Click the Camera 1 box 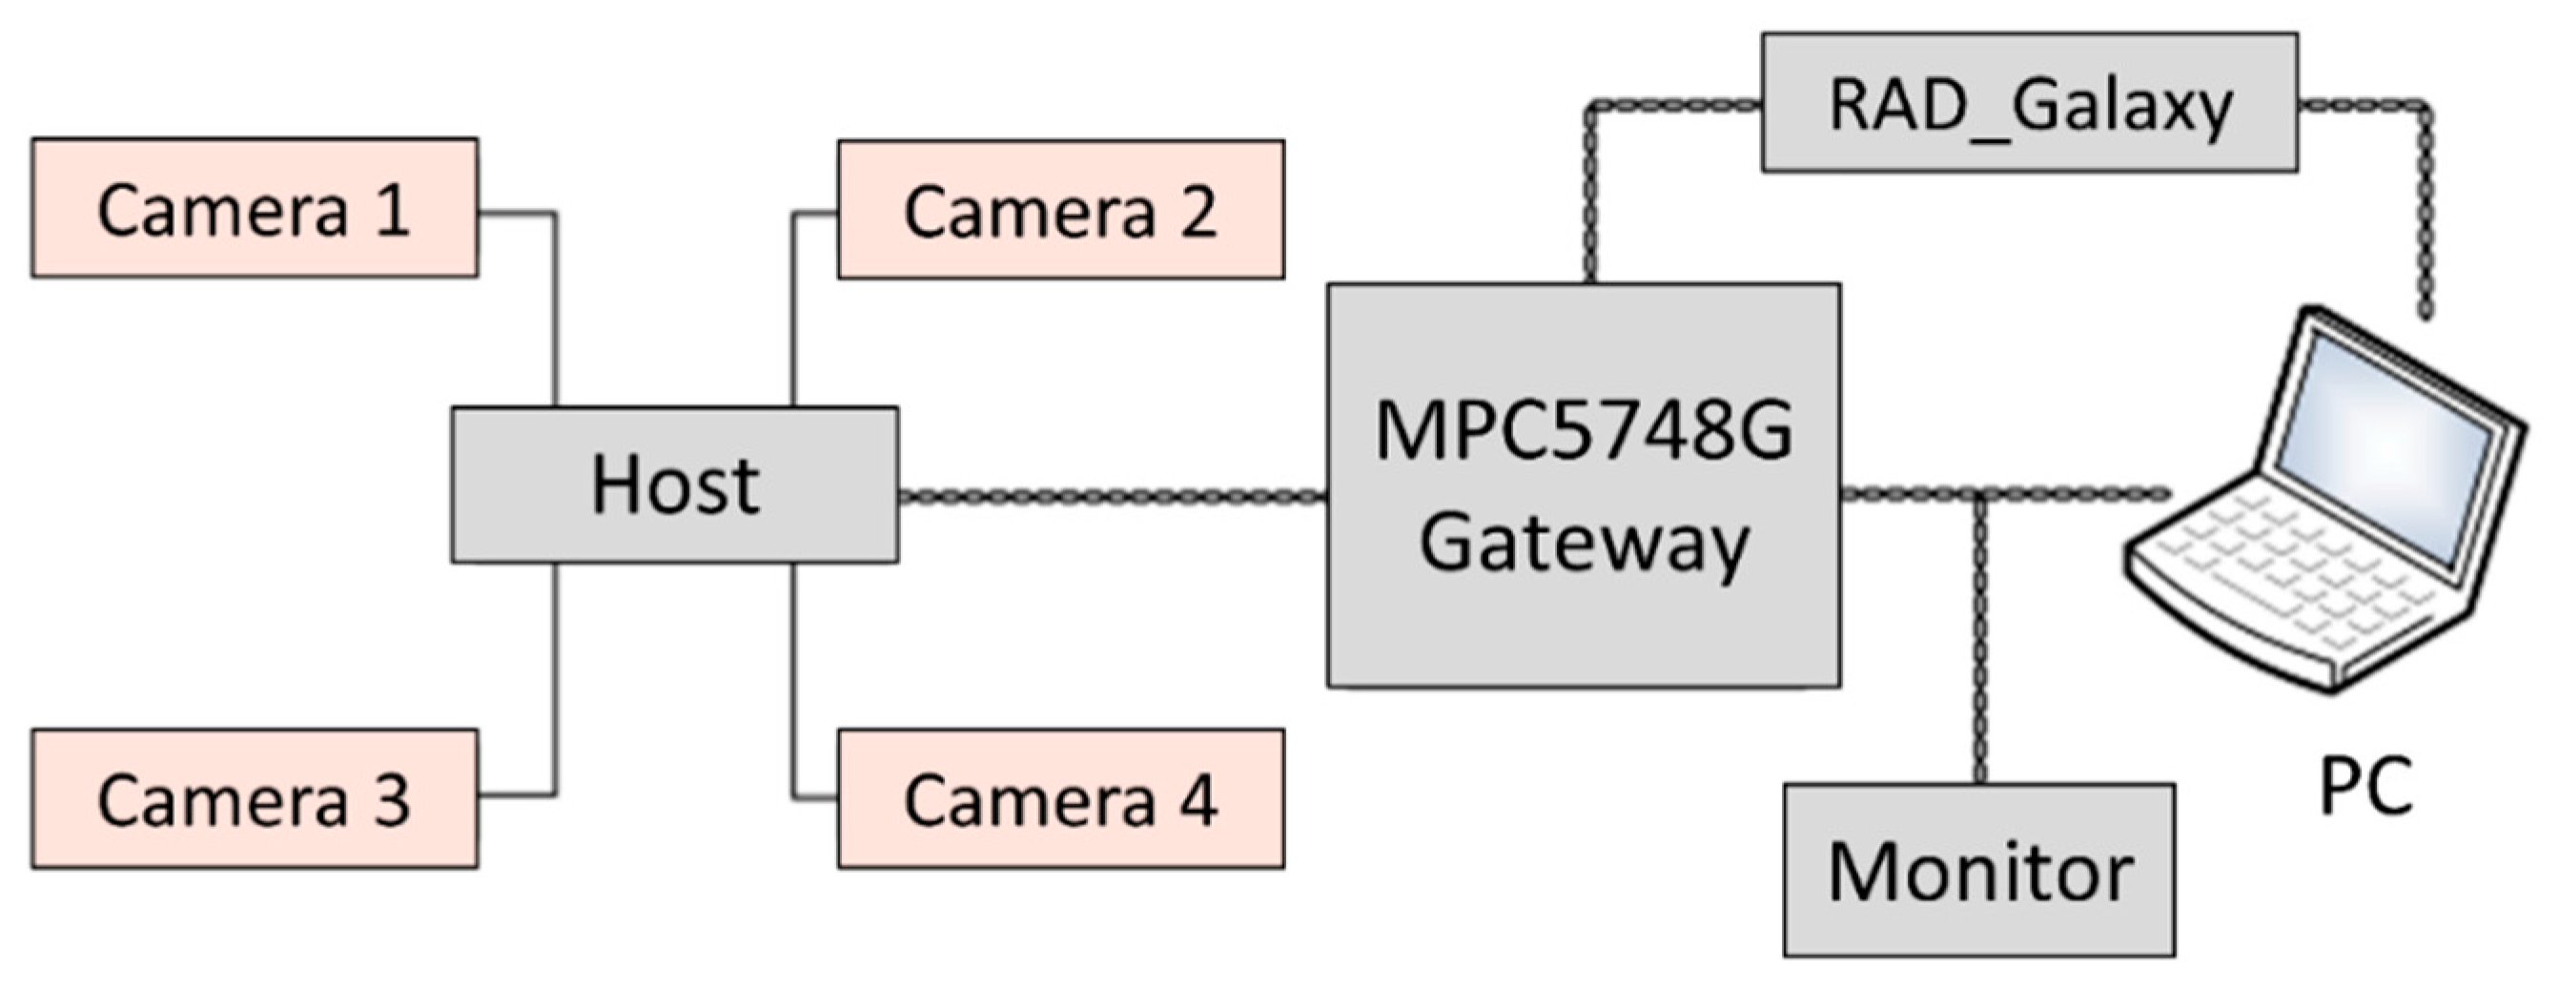click(x=255, y=208)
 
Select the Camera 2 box click(x=1060, y=210)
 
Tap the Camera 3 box click(x=255, y=799)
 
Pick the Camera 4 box click(x=1060, y=799)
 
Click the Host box click(x=674, y=485)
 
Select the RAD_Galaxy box click(x=2029, y=102)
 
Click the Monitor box click(x=1979, y=871)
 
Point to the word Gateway click(x=1583, y=544)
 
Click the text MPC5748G click(x=1583, y=430)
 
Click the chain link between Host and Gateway click(x=1113, y=496)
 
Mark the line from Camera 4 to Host click(x=792, y=686)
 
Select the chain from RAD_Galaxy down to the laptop click(x=2425, y=209)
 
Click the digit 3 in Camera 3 click(x=392, y=801)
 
